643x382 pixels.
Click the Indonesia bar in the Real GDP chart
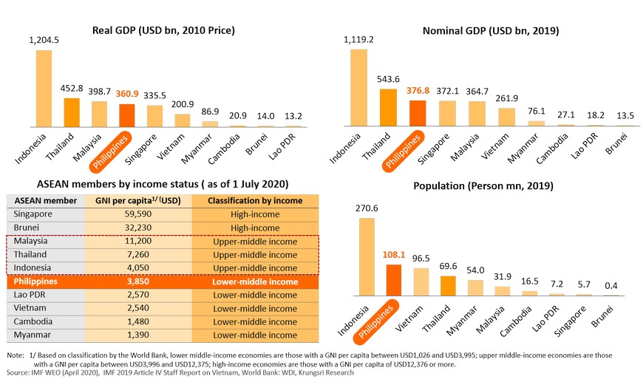44,88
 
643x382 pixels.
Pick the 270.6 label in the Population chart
367,209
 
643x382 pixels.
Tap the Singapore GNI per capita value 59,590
138,214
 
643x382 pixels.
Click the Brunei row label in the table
29,228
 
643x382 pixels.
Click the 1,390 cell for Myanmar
138,335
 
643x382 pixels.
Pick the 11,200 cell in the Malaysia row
138,242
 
